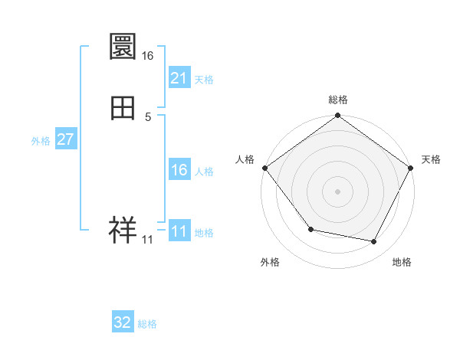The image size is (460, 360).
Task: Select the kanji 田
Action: click(x=123, y=108)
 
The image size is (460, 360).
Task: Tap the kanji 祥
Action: click(x=123, y=230)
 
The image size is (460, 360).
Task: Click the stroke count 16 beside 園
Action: click(x=147, y=56)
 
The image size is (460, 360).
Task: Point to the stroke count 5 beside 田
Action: click(x=147, y=116)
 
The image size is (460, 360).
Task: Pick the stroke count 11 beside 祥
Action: click(x=147, y=240)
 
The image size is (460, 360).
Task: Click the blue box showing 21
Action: click(x=179, y=78)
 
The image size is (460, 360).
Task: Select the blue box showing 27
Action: click(x=65, y=139)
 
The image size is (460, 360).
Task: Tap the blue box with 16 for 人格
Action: click(x=179, y=170)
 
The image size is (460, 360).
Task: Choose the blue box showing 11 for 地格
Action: click(x=179, y=231)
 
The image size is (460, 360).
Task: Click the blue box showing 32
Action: click(x=123, y=323)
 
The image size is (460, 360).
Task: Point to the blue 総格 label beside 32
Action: click(x=147, y=325)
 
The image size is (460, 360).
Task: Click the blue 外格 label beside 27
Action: click(x=41, y=141)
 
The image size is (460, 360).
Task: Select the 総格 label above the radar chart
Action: click(x=337, y=100)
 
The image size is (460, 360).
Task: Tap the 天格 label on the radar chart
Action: click(x=431, y=159)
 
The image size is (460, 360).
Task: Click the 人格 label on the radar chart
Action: click(x=245, y=159)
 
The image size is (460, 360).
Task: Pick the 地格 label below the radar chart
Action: click(x=402, y=262)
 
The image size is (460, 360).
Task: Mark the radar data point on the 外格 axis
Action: click(x=310, y=229)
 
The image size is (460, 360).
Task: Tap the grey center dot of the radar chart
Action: click(x=337, y=191)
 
